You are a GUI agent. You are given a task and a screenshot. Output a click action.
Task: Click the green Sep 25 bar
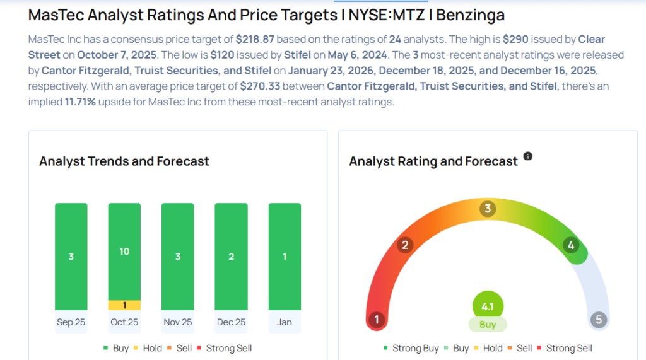click(71, 257)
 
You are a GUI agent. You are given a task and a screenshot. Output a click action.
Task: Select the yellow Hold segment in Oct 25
click(124, 305)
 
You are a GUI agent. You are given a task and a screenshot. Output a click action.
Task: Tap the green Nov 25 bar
click(178, 257)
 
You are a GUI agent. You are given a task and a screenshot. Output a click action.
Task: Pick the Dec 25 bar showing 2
click(231, 257)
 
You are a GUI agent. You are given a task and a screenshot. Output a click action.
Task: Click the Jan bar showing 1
click(285, 257)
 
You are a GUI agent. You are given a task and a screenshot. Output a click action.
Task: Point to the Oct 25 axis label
click(124, 322)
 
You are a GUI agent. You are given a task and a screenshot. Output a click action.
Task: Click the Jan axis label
click(285, 322)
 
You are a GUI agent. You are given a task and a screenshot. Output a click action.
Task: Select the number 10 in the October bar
click(124, 252)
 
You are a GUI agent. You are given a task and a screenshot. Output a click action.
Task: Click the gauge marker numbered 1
click(377, 320)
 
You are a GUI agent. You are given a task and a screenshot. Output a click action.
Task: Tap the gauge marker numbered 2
click(406, 245)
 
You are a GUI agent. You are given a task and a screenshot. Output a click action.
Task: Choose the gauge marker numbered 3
click(487, 209)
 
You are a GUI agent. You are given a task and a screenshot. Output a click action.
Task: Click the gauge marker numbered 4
click(571, 245)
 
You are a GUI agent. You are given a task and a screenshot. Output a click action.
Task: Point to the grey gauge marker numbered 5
click(599, 320)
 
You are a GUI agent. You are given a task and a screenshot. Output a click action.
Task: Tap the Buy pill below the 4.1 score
click(488, 325)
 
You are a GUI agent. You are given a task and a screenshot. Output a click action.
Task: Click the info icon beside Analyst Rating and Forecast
click(528, 156)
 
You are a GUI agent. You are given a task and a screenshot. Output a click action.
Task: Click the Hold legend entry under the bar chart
click(147, 348)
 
